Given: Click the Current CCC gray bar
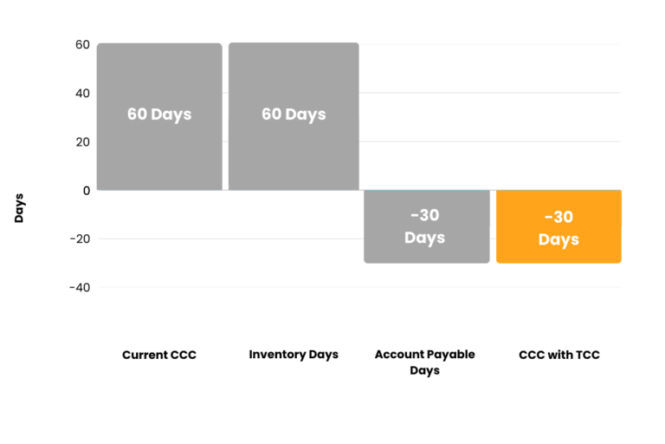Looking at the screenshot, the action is [x=159, y=116].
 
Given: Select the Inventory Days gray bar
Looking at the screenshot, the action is [x=294, y=116].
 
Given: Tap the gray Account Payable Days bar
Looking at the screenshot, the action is [x=427, y=226].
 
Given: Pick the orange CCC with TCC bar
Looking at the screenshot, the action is [x=559, y=226].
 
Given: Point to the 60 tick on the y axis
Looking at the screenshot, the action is [x=83, y=44].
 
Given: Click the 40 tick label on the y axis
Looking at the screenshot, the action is [x=83, y=93].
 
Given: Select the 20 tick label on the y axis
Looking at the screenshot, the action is [x=83, y=142].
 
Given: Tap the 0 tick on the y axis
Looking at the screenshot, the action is [x=87, y=191].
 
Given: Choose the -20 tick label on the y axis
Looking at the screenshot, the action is [x=81, y=238].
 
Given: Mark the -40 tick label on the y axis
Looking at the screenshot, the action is [x=80, y=288].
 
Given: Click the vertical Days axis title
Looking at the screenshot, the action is [x=19, y=208].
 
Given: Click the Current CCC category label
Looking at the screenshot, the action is [x=159, y=355].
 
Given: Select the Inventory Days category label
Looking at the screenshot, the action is [x=294, y=355].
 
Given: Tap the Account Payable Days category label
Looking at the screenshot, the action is [x=425, y=362].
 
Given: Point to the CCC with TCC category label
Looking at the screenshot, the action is [x=559, y=355].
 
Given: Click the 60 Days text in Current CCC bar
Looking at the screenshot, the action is [x=159, y=114].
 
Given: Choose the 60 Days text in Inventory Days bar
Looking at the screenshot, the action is [x=294, y=114].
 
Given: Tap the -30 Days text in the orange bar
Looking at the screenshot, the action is [x=559, y=229].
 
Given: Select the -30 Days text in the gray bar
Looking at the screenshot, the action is [x=425, y=226].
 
